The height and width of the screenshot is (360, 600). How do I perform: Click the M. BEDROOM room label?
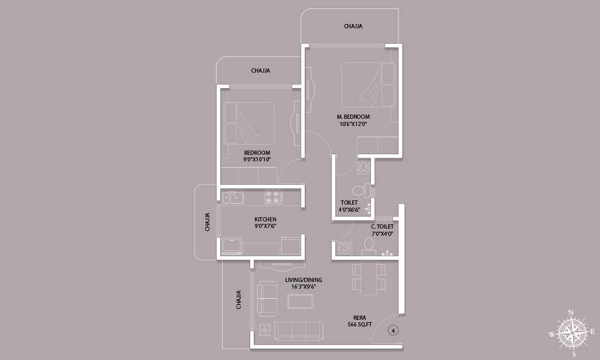353,116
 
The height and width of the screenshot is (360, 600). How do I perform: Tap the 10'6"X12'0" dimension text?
353,124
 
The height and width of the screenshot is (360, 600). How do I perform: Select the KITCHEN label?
265,219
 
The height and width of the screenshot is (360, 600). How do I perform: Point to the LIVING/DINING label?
304,280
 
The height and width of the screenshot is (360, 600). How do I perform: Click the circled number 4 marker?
394,330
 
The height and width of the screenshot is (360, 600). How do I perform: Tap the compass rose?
572,333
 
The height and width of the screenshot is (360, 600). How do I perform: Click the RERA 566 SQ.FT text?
359,321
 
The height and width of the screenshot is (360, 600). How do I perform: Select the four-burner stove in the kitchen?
273,197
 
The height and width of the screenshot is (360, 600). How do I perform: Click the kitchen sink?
233,197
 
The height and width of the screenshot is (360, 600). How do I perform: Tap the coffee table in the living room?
301,301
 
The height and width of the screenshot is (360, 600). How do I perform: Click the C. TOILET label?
382,226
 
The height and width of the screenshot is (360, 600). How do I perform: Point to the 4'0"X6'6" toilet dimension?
349,209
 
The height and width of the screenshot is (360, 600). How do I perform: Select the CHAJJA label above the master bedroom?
353,26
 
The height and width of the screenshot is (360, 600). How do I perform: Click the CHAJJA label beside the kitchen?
208,222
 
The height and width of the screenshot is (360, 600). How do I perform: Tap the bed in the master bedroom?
368,85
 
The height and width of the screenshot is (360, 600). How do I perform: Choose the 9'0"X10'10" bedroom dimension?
257,160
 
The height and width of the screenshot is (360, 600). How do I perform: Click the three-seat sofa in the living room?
299,331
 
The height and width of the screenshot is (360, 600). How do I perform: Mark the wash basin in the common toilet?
344,248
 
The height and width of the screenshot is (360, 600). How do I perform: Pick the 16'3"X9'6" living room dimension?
304,287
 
